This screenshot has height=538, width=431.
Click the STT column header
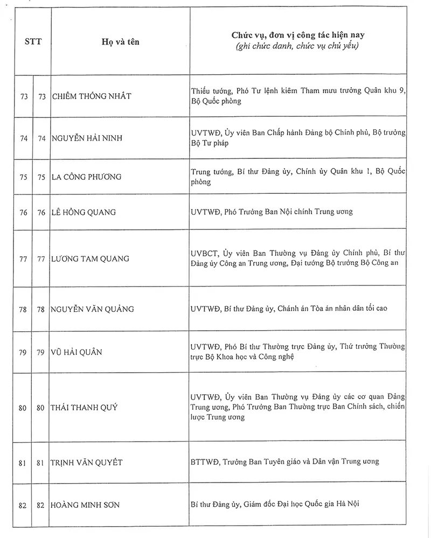click(33, 41)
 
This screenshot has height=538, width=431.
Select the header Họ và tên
click(120, 41)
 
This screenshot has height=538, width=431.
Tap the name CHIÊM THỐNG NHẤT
click(92, 96)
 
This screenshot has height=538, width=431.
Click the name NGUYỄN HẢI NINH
click(87, 138)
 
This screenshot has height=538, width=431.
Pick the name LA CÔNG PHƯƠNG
click(87, 177)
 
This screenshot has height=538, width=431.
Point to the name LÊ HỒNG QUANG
click(84, 212)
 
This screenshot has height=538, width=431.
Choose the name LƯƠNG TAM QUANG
click(91, 259)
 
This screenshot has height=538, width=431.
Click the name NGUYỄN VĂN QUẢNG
click(93, 309)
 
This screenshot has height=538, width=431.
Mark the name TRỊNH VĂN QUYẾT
click(87, 463)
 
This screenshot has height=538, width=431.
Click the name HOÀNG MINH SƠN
click(85, 505)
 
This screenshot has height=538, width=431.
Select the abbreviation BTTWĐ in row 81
click(204, 462)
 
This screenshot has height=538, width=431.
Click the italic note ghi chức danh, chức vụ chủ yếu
click(298, 47)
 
